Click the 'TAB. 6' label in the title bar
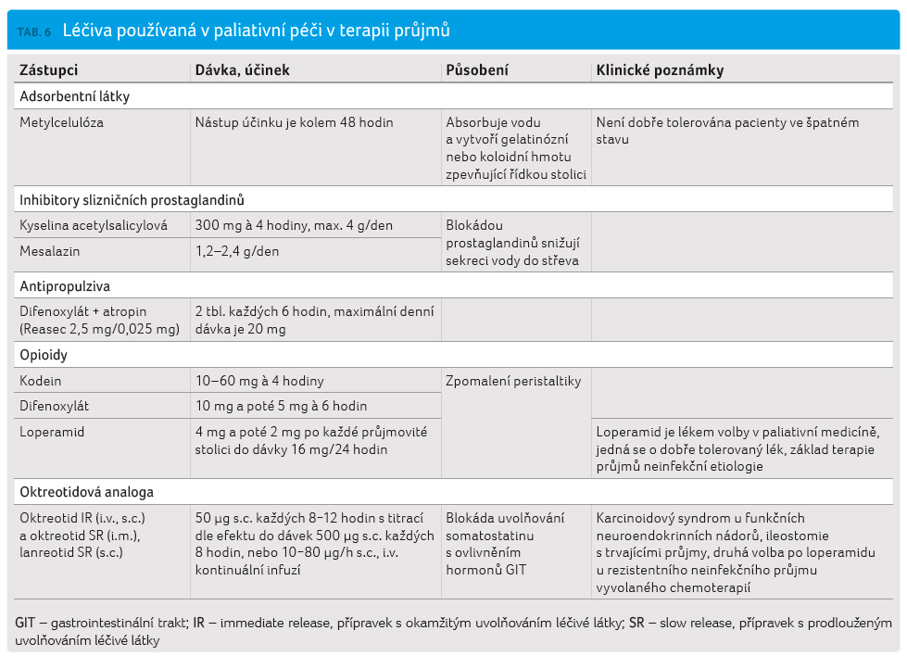[x=34, y=32]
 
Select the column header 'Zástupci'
[x=48, y=70]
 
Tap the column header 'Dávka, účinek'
[x=242, y=70]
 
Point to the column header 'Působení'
[x=476, y=70]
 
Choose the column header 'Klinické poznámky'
[x=660, y=70]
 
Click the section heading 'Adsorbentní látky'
[x=75, y=96]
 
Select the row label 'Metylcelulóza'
[x=61, y=122]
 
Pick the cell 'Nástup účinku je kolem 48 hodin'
[x=294, y=122]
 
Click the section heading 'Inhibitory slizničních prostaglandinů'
[x=132, y=200]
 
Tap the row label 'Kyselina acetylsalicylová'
[x=94, y=225]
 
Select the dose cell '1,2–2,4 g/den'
[x=237, y=252]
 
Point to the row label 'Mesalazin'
[x=50, y=252]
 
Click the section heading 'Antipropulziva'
[x=65, y=286]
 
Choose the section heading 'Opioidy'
[x=44, y=355]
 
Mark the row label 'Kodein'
[x=41, y=381]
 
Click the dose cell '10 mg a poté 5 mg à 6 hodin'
[x=281, y=406]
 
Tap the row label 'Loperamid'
[x=52, y=432]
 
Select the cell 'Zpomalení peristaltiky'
[x=513, y=381]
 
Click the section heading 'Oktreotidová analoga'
[x=87, y=492]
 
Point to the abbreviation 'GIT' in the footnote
[x=25, y=623]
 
